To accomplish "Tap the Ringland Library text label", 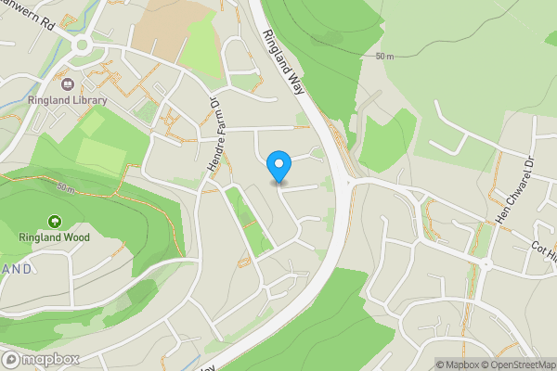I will coord(67,100).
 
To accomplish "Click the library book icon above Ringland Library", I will coord(67,84).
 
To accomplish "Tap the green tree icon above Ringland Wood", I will coord(54,223).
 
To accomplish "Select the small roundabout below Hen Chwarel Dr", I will coord(485,264).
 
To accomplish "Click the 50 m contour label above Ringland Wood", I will coord(65,186).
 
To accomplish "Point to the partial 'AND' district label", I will coord(16,269).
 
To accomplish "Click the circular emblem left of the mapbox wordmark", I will coord(11,359).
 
